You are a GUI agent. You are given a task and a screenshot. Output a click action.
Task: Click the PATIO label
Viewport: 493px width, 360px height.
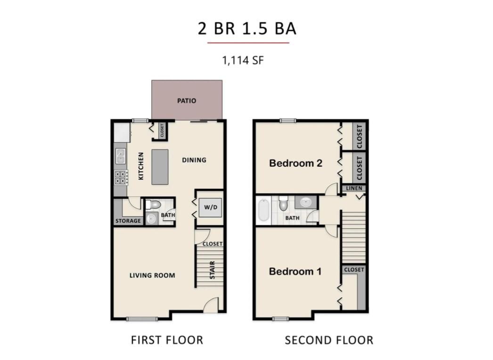pos(187,101)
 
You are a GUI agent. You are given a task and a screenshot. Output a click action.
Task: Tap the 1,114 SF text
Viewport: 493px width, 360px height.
pos(243,60)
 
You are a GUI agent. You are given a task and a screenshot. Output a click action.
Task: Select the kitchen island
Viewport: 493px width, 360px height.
pos(160,167)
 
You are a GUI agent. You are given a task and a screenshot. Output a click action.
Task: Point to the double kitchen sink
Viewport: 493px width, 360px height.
pos(120,156)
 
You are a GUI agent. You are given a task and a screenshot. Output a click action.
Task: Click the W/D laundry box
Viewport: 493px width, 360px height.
pos(210,207)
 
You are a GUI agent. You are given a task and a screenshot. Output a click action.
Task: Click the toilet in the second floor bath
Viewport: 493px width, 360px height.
pos(283,204)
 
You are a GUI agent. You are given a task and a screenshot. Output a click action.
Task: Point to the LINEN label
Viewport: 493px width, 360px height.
pos(354,188)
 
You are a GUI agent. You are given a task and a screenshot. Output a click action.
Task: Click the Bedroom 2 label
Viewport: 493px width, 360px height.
pos(296,163)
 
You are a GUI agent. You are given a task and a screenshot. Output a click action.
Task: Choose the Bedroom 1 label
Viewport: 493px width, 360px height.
pos(295,271)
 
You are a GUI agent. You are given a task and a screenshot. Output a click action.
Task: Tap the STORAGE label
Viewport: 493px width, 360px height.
pos(128,221)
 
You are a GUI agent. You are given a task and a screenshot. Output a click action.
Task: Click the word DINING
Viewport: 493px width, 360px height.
pos(194,160)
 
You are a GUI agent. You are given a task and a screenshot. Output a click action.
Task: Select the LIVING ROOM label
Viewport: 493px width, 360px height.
pos(152,276)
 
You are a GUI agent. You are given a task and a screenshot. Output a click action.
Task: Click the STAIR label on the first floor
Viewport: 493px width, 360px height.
pos(212,270)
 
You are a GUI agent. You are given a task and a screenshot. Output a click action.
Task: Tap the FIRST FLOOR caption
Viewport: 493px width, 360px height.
pos(167,340)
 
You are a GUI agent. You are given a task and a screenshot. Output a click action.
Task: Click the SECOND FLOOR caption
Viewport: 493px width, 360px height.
pos(329,340)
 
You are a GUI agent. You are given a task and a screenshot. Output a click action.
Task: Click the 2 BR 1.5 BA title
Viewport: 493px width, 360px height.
pos(247,28)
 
